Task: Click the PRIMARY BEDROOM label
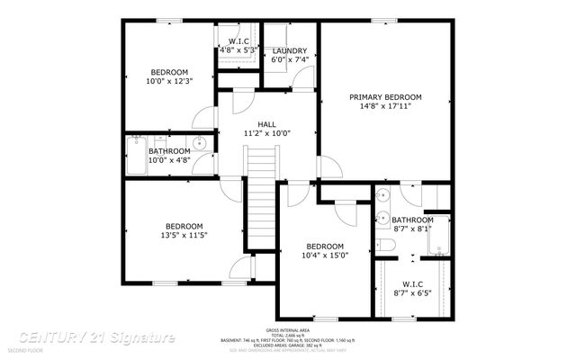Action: tap(385, 96)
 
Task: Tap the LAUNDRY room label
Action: tap(290, 51)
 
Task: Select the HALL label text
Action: tap(267, 124)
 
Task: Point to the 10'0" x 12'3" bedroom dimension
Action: tap(169, 82)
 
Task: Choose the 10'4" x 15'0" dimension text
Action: tap(325, 256)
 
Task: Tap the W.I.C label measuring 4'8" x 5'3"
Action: tap(238, 50)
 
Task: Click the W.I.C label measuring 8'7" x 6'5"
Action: tap(412, 292)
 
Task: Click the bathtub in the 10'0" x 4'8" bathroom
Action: tap(138, 156)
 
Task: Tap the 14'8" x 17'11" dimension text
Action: tap(385, 106)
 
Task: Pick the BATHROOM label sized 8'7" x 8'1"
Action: tap(411, 220)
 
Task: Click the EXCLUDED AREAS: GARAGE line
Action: tap(287, 346)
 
